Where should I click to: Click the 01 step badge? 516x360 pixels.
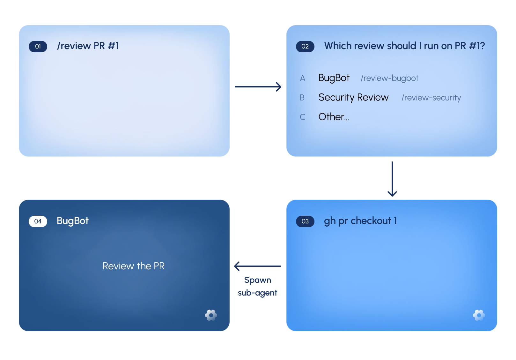[38, 46]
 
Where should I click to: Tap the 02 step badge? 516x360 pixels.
[305, 46]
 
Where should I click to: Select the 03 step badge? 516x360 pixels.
[305, 221]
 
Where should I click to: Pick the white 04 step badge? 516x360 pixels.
[38, 221]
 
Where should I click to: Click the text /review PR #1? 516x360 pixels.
[88, 46]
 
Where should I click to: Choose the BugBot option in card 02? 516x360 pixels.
[334, 78]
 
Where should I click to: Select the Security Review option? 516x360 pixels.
[354, 97]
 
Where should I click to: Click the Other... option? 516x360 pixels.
[334, 117]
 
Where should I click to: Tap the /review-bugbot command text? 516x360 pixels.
[389, 78]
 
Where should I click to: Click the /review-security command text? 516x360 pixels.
[431, 98]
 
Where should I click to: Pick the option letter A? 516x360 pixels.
[303, 79]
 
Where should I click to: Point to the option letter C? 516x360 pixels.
[303, 117]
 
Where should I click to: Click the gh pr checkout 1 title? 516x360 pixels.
[360, 221]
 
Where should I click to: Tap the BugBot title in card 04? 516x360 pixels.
[73, 221]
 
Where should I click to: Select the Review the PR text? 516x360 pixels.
[134, 266]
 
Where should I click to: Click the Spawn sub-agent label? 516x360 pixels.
[258, 287]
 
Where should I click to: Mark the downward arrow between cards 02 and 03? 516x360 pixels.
[392, 179]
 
